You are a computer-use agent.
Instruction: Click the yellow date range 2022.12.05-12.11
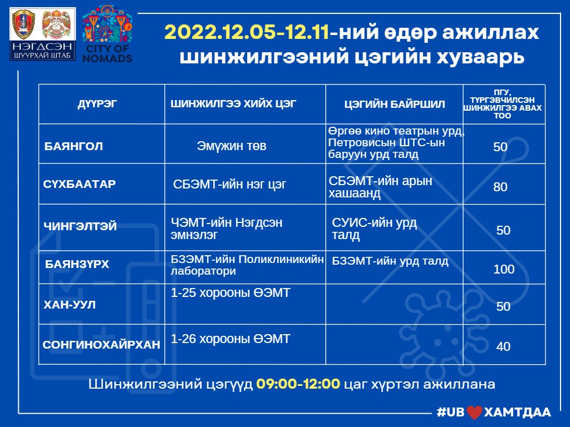(x=247, y=32)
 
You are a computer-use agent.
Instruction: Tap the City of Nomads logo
(x=107, y=34)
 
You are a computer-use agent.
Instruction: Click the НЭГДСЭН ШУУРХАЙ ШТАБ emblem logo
(x=42, y=34)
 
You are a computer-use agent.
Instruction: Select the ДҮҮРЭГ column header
(x=97, y=104)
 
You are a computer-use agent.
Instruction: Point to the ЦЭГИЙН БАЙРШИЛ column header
(x=395, y=104)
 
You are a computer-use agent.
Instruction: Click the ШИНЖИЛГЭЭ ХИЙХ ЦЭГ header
(x=233, y=103)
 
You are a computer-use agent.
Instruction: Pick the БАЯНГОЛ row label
(x=73, y=146)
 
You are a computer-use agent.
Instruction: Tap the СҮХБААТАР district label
(x=80, y=183)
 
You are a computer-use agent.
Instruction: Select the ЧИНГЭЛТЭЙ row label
(x=80, y=226)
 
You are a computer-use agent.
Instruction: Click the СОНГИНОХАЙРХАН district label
(x=101, y=344)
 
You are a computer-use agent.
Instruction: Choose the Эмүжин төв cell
(x=232, y=146)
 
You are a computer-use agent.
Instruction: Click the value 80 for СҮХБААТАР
(x=500, y=187)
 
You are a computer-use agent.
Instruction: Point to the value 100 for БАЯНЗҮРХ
(x=504, y=269)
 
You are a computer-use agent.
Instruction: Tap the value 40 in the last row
(x=503, y=346)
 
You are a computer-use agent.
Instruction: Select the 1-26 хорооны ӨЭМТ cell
(x=230, y=339)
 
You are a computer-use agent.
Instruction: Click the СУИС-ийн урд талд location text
(x=375, y=229)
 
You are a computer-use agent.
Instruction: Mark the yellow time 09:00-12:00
(x=298, y=384)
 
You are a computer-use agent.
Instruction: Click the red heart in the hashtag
(x=474, y=413)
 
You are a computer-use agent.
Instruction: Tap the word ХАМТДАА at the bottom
(x=518, y=412)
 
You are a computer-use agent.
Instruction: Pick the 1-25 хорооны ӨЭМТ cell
(x=230, y=292)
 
